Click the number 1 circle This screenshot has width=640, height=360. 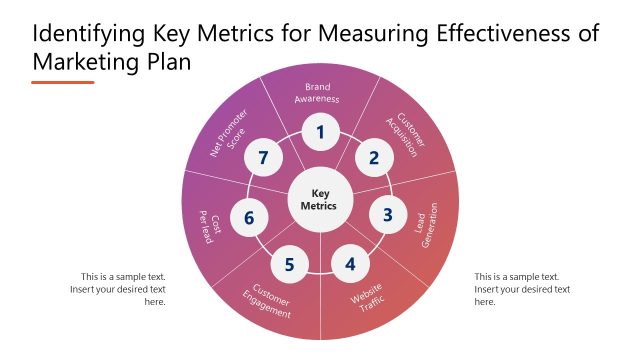point(320,132)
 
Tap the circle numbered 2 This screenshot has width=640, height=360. point(374,157)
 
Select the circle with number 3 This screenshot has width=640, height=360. point(388,214)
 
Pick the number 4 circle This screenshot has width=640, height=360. point(350,264)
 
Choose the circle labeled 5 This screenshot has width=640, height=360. point(289,264)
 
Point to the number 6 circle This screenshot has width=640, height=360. point(250,217)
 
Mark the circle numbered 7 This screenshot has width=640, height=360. point(264,157)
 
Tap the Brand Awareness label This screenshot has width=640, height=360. point(318,94)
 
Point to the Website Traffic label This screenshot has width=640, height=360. point(366,300)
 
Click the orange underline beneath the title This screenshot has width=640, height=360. point(62,82)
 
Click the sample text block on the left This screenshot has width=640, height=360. point(117,289)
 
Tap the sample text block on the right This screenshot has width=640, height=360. point(522,289)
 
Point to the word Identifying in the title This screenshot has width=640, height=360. point(89,33)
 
